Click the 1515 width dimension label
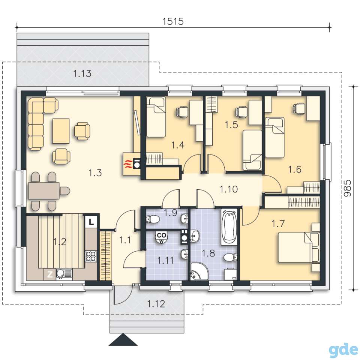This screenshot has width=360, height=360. [173, 21]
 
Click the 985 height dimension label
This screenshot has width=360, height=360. [348, 188]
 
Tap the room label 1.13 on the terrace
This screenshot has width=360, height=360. [82, 74]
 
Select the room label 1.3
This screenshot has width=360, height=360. [95, 173]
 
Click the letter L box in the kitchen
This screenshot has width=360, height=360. [91, 222]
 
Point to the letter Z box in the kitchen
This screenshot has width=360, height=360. [49, 274]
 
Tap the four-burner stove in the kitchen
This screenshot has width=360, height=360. [91, 256]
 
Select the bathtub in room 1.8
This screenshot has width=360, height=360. [229, 227]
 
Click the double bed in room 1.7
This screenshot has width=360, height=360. [299, 247]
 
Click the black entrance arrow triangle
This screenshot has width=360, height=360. [123, 339]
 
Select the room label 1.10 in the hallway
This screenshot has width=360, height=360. [229, 189]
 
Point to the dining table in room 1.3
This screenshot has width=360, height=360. [44, 190]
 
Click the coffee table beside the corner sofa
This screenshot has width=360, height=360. [61, 131]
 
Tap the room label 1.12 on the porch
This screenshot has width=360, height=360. [156, 304]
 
